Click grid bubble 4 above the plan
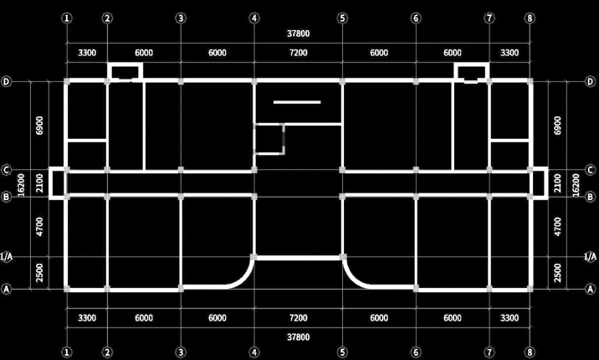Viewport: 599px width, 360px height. point(253,18)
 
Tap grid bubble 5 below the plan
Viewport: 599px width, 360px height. point(342,352)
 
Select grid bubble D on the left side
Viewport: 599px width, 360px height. point(7,82)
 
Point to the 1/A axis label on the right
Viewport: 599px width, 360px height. point(591,256)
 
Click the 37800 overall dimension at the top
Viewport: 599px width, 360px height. point(298,34)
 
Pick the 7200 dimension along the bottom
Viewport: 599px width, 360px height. point(298,318)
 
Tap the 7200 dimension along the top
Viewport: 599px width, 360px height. point(298,53)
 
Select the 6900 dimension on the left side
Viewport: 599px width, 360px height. point(39,126)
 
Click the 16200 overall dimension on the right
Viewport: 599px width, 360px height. point(575,184)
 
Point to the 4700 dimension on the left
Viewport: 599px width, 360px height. point(39,226)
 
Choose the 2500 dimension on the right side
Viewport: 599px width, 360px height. point(558,273)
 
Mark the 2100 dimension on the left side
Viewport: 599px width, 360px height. point(39,183)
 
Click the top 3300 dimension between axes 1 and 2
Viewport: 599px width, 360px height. point(86,53)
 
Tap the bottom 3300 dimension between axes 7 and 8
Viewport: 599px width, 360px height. point(509,318)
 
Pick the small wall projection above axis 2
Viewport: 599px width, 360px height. point(125,71)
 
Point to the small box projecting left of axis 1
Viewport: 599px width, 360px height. point(57,183)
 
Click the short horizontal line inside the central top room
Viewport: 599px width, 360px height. point(297,102)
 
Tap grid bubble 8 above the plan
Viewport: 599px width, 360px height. point(530,18)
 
